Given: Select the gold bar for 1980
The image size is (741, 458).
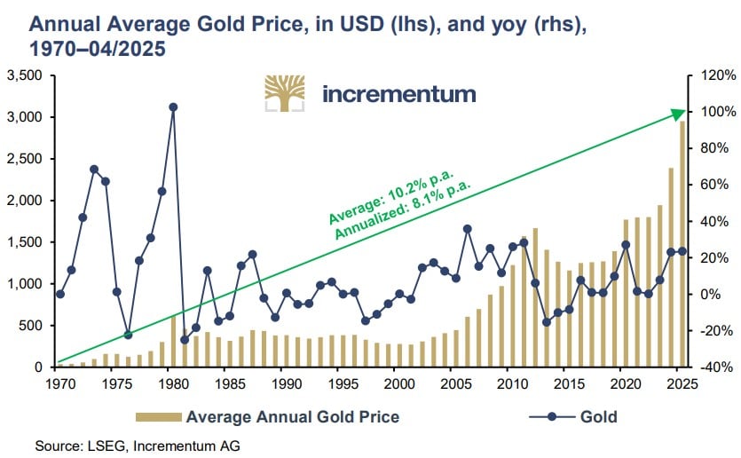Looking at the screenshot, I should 173,342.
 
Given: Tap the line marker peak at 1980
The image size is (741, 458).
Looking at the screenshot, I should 173,107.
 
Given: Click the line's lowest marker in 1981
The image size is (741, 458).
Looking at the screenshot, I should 185,339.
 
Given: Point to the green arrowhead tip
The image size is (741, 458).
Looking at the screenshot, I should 684,111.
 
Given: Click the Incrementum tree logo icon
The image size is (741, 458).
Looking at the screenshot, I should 285,94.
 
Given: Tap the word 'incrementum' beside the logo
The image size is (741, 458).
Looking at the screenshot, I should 398,94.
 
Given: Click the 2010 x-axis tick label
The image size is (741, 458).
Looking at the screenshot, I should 506,385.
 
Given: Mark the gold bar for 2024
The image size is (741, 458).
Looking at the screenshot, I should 671,267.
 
